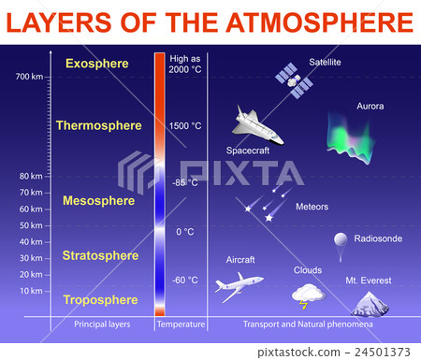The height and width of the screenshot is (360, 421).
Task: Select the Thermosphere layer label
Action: (98, 125)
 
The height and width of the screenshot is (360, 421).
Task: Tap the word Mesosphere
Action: (98, 200)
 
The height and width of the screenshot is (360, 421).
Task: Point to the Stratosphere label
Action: (100, 255)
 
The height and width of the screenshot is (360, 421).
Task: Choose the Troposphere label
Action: (100, 299)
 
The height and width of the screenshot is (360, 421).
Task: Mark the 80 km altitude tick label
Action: (31, 176)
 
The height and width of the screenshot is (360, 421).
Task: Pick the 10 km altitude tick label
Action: (31, 291)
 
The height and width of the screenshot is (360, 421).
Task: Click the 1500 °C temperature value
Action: (185, 125)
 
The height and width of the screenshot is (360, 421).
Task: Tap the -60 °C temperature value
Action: (185, 280)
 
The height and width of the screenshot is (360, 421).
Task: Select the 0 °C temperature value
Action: (185, 231)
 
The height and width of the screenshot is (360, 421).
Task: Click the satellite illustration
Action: (293, 80)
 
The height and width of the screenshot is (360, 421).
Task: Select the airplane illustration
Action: (238, 284)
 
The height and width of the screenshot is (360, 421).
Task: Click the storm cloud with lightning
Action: (308, 295)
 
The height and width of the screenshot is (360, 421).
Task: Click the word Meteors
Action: (312, 207)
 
